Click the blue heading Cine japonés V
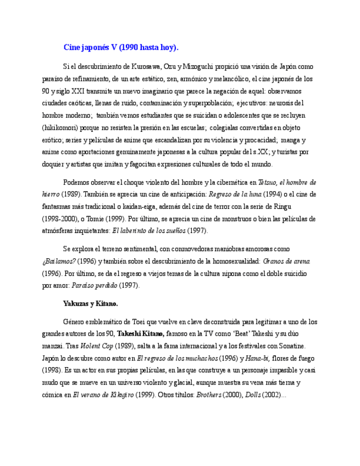tap(121, 47)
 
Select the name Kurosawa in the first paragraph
tap(146, 66)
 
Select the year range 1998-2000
tap(59, 218)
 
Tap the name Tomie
tap(101, 218)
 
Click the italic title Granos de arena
tap(287, 261)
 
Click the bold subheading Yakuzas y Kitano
tap(91, 303)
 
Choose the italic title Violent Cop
tap(97, 346)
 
